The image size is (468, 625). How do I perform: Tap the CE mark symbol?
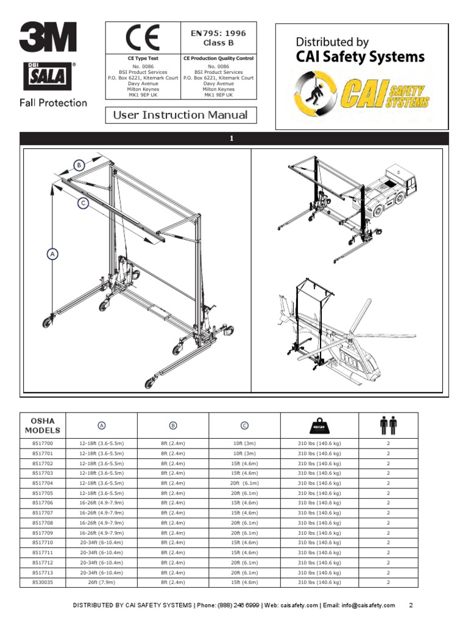pyautogui.click(x=143, y=38)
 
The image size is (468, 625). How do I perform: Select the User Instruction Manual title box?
pyautogui.click(x=181, y=115)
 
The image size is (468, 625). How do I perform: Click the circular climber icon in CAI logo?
pyautogui.click(x=316, y=91)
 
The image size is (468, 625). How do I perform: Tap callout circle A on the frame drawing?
pyautogui.click(x=53, y=253)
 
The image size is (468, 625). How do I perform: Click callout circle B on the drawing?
pyautogui.click(x=79, y=165)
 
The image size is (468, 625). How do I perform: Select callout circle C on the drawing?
pyautogui.click(x=83, y=204)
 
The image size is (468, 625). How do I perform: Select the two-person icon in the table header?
pyautogui.click(x=388, y=425)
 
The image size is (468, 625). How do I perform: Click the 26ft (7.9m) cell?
pyautogui.click(x=102, y=582)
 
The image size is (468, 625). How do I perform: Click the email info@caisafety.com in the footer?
pyautogui.click(x=365, y=605)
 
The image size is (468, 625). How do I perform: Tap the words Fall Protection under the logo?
pyautogui.click(x=54, y=103)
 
